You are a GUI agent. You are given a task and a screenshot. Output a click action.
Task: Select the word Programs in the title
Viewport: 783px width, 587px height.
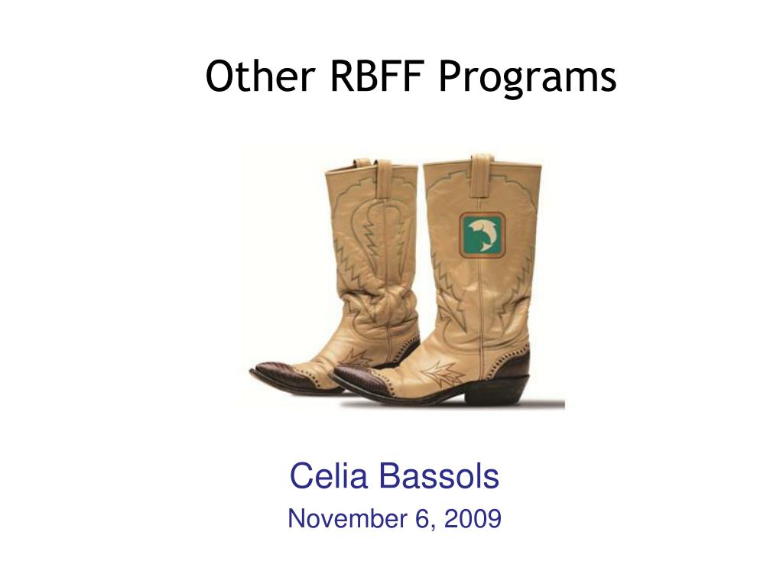[528, 79]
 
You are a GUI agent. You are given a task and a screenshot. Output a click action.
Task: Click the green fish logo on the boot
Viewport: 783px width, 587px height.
[482, 235]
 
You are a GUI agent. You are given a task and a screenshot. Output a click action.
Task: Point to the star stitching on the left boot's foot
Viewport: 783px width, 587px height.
[356, 358]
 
